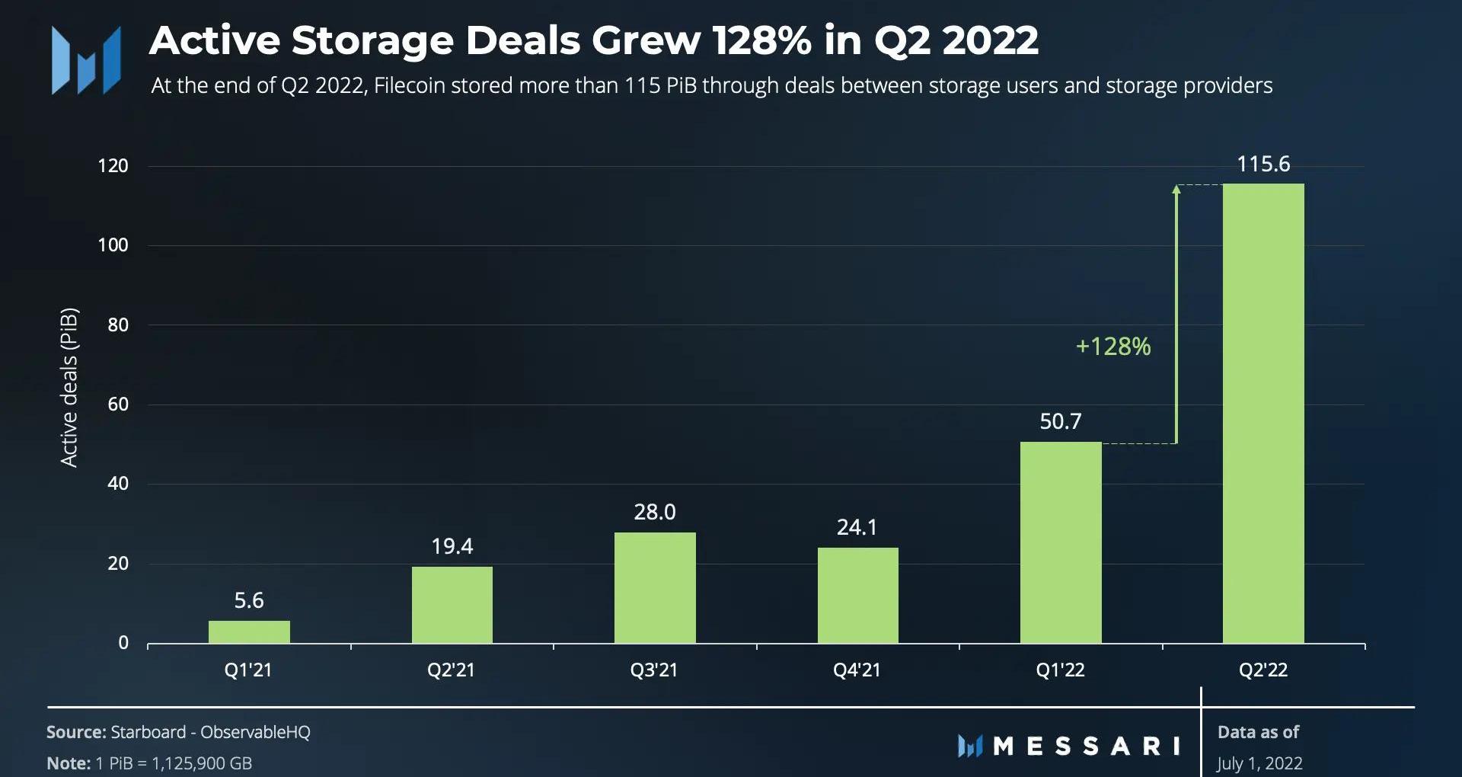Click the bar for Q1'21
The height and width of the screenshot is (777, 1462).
(249, 632)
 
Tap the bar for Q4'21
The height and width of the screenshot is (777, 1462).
(857, 595)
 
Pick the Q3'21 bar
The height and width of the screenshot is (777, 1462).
(655, 587)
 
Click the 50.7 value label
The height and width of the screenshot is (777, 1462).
(1061, 421)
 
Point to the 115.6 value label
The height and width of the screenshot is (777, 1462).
(1263, 164)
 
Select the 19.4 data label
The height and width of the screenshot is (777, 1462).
(452, 546)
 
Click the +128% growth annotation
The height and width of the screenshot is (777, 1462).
(1112, 347)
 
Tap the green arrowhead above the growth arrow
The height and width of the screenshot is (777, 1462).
(1176, 189)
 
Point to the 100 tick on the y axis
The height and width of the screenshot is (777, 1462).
(113, 245)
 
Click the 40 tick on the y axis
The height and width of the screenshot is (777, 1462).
(118, 484)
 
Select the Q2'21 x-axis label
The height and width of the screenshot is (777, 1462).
(451, 670)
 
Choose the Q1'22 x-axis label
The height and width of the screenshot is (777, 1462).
(1060, 670)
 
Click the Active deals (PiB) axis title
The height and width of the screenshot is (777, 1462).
(69, 387)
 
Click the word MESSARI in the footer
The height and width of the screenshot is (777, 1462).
(1087, 746)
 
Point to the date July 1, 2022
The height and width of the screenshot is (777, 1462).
(1259, 763)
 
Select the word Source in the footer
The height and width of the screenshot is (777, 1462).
(75, 732)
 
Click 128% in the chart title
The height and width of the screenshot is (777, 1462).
(761, 40)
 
